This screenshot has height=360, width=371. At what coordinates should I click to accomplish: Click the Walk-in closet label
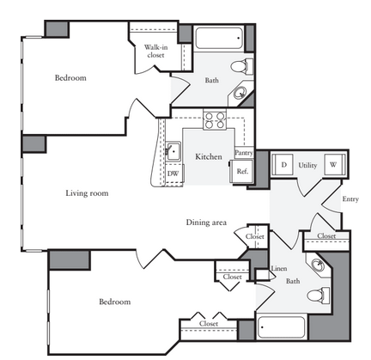point(155,51)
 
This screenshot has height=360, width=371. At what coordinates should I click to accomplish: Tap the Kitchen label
point(209,156)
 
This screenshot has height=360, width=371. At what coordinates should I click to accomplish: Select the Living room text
point(87,193)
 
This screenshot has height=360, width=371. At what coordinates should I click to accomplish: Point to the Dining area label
point(206,223)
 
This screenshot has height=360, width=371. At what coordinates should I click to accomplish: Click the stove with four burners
point(215,120)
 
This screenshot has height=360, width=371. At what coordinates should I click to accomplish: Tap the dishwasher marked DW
point(173,174)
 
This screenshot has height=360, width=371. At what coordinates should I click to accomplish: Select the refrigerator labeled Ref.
point(242,171)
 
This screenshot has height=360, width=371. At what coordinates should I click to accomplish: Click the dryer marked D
point(283,165)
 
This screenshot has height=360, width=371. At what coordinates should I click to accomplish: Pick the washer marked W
point(334,165)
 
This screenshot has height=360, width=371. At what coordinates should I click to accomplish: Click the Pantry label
point(244,153)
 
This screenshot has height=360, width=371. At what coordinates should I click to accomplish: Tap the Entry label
point(350,199)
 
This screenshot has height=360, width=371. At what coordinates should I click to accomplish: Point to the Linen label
point(279,269)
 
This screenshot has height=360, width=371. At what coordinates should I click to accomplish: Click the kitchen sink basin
point(173,151)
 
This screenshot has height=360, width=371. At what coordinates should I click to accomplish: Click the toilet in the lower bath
point(319,295)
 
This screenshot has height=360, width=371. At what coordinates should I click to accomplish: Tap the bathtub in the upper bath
point(219,38)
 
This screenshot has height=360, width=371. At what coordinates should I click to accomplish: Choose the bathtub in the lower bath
point(281,327)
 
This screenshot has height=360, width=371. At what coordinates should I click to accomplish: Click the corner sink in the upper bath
point(240,93)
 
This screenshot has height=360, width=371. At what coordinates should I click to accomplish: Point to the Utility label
point(307,165)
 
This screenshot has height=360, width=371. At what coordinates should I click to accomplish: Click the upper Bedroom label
point(70,78)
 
